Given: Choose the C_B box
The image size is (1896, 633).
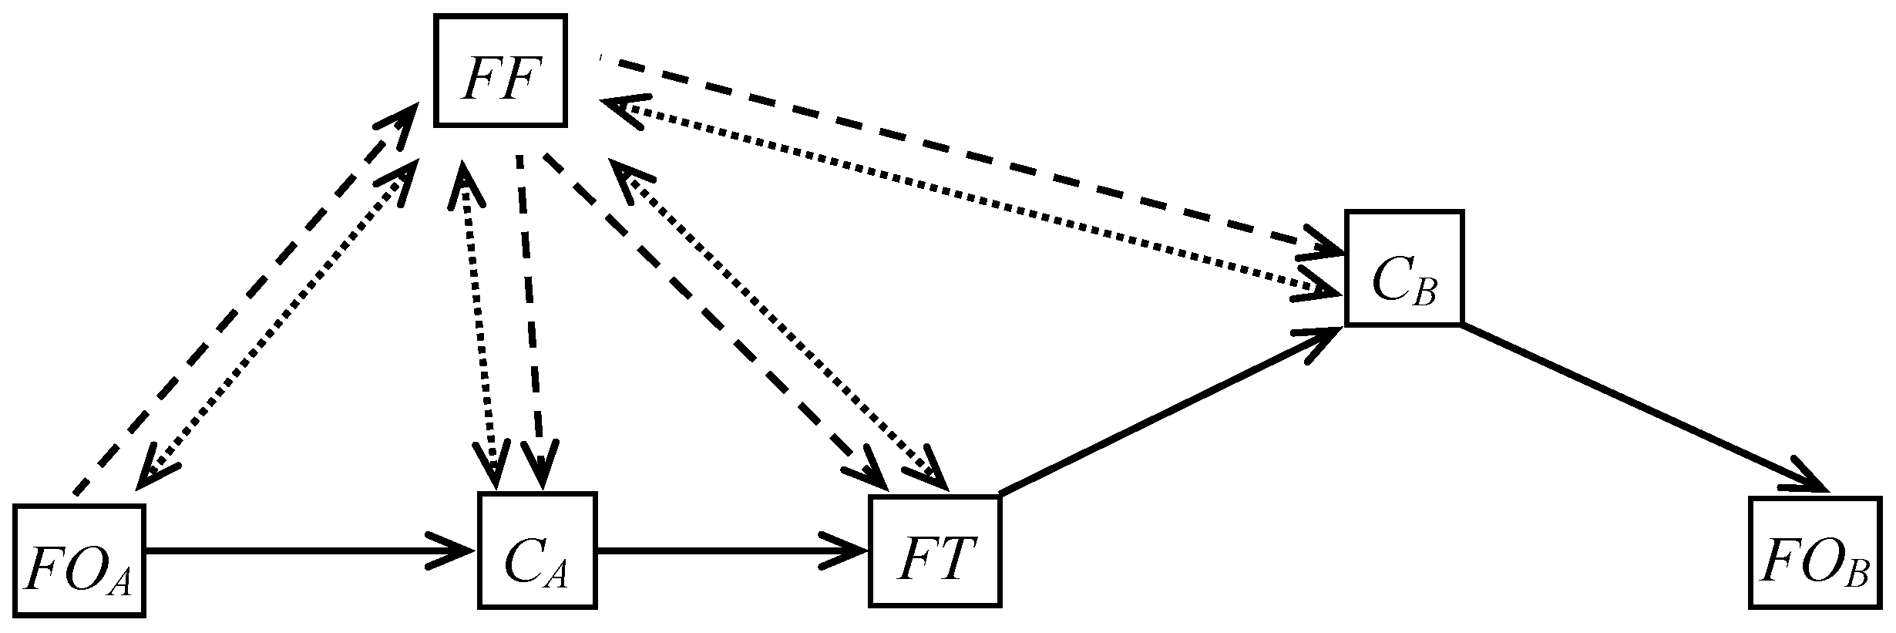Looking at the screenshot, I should [x=1404, y=268].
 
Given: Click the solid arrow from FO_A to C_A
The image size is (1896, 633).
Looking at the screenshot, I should [x=308, y=551].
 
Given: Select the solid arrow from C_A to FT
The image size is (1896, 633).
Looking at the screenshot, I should [x=732, y=551].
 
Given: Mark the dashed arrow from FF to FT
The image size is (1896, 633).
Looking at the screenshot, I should [x=709, y=316].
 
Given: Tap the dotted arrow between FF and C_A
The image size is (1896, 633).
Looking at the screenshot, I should [x=479, y=324].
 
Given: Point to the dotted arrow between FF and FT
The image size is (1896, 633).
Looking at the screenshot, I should [x=778, y=324].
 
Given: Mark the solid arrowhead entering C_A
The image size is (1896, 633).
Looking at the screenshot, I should [x=455, y=551].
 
